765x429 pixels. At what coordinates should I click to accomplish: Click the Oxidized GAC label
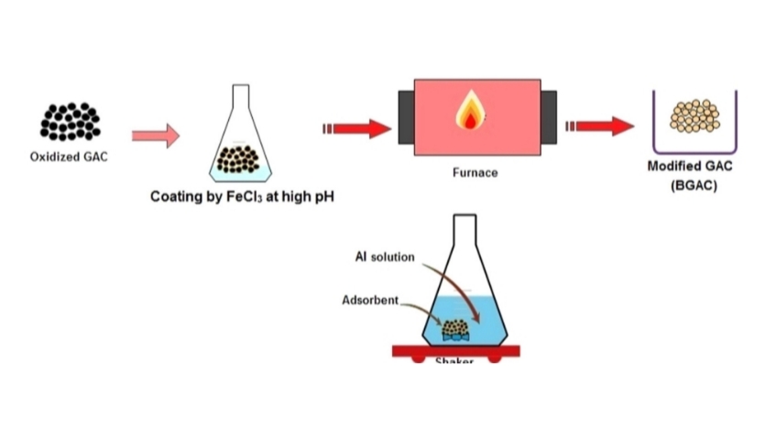(x=69, y=156)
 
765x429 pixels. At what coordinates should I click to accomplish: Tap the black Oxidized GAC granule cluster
(x=69, y=122)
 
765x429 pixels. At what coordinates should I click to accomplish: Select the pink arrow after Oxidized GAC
(x=155, y=136)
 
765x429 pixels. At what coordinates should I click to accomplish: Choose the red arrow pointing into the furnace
(x=356, y=128)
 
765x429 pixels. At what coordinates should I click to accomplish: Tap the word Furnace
(x=475, y=172)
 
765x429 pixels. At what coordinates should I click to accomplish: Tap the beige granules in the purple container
(x=695, y=116)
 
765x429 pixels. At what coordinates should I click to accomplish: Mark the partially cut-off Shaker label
(x=455, y=362)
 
